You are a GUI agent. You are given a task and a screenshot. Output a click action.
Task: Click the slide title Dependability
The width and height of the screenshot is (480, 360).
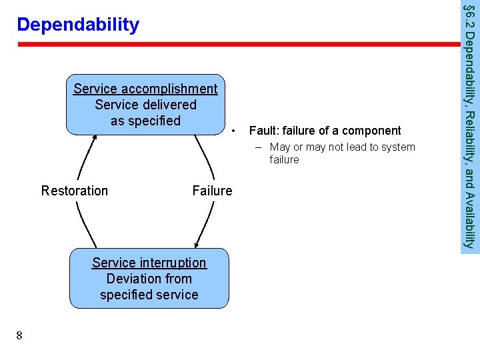click(x=78, y=25)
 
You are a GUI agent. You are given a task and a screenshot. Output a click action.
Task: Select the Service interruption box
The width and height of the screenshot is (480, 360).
click(x=149, y=279)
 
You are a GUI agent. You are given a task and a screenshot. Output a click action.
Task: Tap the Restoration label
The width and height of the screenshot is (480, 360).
click(x=74, y=191)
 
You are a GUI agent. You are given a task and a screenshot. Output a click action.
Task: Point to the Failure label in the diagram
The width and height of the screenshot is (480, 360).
click(x=212, y=191)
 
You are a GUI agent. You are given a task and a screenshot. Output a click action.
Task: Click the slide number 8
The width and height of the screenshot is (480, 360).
click(x=19, y=335)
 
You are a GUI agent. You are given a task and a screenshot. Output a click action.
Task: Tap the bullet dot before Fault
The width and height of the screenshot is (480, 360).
click(x=234, y=131)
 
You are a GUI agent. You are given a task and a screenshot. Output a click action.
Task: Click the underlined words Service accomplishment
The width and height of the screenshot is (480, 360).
click(x=145, y=89)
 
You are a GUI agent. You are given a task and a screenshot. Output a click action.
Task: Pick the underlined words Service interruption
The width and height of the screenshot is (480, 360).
click(x=149, y=263)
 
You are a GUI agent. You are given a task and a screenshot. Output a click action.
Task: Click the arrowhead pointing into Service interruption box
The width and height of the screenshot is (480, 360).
click(x=196, y=245)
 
